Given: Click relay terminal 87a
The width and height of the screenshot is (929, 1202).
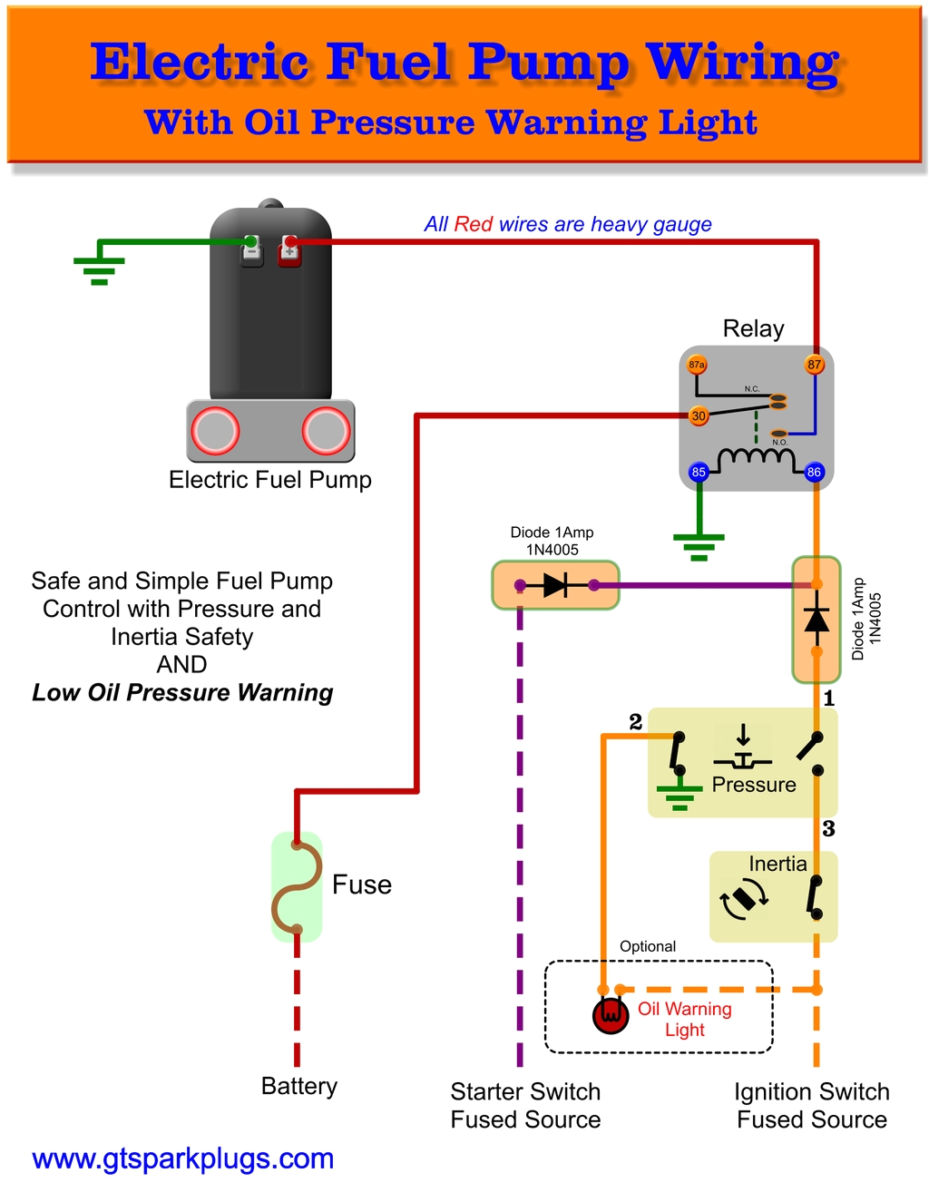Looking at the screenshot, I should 697,365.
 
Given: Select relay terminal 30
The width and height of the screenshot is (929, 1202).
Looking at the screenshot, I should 699,416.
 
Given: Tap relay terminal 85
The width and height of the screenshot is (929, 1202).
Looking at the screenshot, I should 699,472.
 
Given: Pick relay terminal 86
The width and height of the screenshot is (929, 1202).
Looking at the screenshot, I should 814,472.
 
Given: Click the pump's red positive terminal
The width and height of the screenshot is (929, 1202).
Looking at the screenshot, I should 289,249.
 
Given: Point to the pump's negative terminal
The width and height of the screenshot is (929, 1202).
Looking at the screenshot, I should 251,249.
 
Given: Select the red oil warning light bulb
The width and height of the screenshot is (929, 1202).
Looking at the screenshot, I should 611,1014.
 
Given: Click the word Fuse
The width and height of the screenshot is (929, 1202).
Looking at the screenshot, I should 362,884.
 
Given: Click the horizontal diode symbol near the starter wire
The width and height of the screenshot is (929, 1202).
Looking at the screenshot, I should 555,585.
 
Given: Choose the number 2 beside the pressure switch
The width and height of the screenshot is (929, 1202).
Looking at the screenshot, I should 635,721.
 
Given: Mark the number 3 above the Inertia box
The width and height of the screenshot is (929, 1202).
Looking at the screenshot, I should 828,828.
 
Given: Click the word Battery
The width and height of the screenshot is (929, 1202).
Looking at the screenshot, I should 298,1086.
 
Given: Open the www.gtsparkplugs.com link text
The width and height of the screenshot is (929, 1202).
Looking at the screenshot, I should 182,1158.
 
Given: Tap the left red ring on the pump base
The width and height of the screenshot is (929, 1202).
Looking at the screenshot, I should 215,431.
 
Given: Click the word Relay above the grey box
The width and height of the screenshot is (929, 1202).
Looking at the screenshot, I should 753,328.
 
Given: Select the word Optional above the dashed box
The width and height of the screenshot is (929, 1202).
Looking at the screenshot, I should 647,946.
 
